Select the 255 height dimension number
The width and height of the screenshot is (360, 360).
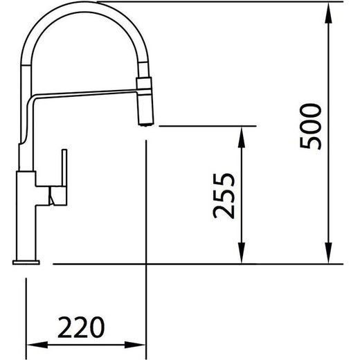click(x=224, y=195)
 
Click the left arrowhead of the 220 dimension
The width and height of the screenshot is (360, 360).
click(x=32, y=344)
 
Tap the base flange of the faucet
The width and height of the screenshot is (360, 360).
click(x=26, y=261)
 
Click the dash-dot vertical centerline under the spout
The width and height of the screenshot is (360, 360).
click(x=146, y=208)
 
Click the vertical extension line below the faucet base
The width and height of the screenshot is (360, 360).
click(x=26, y=312)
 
